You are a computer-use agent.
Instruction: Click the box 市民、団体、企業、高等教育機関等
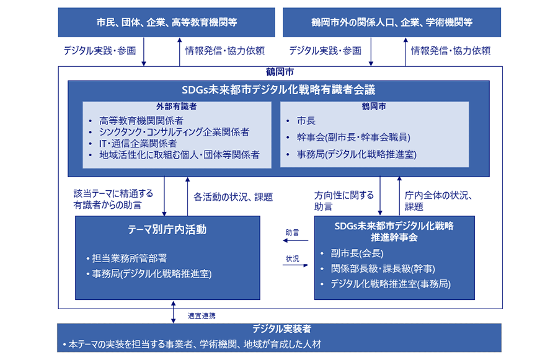click(167, 22)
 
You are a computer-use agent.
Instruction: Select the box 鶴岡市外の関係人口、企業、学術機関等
click(392, 22)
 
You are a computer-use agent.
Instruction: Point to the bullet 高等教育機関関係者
click(141, 120)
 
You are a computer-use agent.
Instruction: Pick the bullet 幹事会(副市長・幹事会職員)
click(353, 137)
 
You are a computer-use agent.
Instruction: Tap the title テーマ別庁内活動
click(167, 230)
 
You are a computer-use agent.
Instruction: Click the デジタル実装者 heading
click(280, 329)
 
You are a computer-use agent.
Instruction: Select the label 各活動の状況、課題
click(233, 197)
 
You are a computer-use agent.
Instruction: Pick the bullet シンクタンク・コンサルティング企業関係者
click(174, 132)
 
